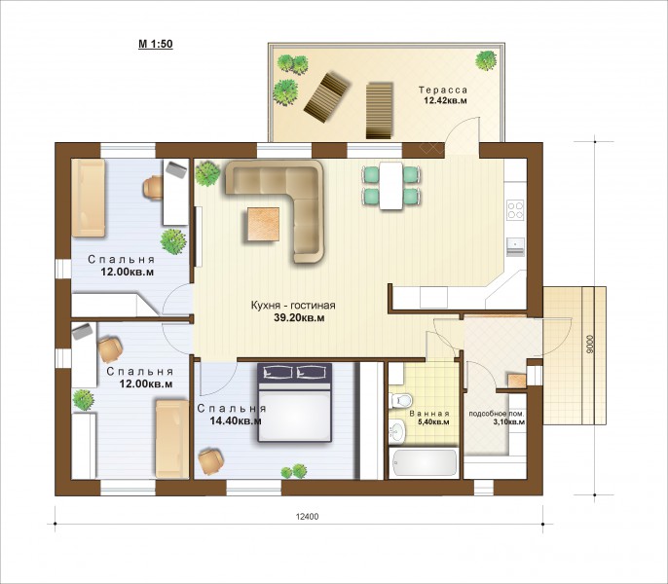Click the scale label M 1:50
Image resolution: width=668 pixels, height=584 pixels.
(x=156, y=44)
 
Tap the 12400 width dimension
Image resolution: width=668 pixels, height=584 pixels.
(x=307, y=517)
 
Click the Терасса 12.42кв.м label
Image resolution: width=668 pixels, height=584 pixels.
(x=443, y=95)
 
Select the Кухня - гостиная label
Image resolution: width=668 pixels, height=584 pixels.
(x=293, y=306)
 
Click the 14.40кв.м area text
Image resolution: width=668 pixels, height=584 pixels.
(x=236, y=421)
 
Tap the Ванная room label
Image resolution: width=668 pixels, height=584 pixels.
(x=429, y=414)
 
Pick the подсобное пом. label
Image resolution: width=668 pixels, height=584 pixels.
(x=497, y=414)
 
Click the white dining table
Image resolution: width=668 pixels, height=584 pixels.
(x=391, y=186)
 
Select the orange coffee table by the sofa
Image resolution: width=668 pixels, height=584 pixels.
(x=263, y=225)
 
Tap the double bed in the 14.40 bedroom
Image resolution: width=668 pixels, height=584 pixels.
(x=295, y=402)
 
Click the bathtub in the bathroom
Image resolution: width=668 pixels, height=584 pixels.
(x=424, y=462)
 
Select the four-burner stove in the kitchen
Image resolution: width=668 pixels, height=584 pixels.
(x=515, y=210)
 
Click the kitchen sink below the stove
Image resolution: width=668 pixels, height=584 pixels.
(x=515, y=246)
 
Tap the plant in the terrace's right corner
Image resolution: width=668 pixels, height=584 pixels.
(x=486, y=60)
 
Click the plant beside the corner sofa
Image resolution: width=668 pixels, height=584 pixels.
(x=207, y=173)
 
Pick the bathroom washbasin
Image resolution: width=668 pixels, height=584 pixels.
(x=397, y=430)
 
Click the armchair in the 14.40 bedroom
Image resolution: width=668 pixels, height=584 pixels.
(x=211, y=461)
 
